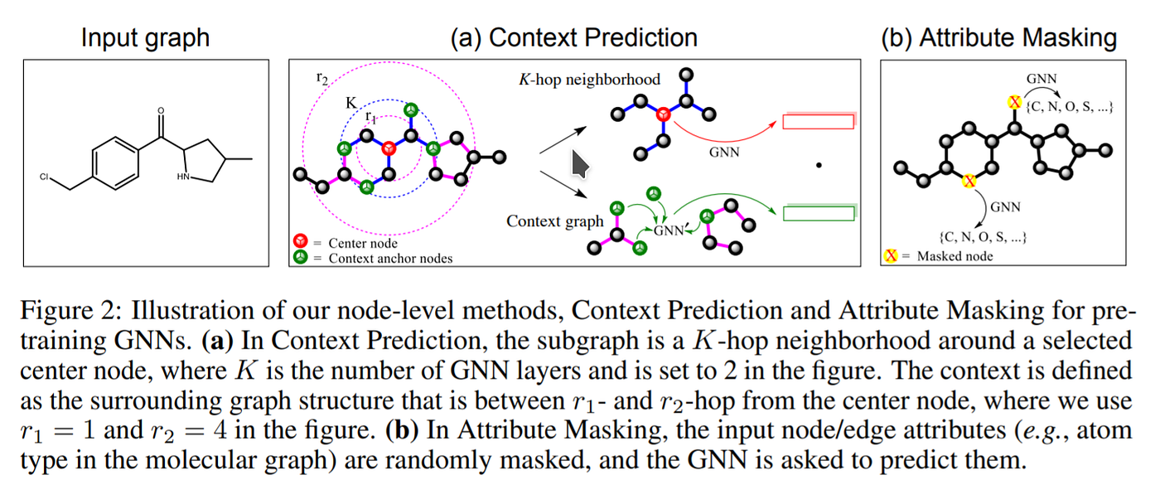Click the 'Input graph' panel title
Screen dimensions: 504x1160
click(x=145, y=37)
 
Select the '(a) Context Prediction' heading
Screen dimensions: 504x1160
click(x=573, y=37)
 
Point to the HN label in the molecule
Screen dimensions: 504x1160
click(x=184, y=177)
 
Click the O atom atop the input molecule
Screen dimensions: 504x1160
click(x=160, y=109)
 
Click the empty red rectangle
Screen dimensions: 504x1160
click(x=818, y=121)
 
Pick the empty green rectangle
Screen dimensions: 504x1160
click(x=818, y=213)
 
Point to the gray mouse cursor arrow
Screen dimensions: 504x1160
click(x=580, y=163)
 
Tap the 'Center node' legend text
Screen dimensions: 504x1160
click(x=363, y=243)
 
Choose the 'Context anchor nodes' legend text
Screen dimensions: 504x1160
click(x=390, y=258)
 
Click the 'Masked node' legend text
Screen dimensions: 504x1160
click(x=955, y=256)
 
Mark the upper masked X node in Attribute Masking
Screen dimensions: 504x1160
click(x=1013, y=102)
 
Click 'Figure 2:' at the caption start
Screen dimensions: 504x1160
click(x=66, y=311)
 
